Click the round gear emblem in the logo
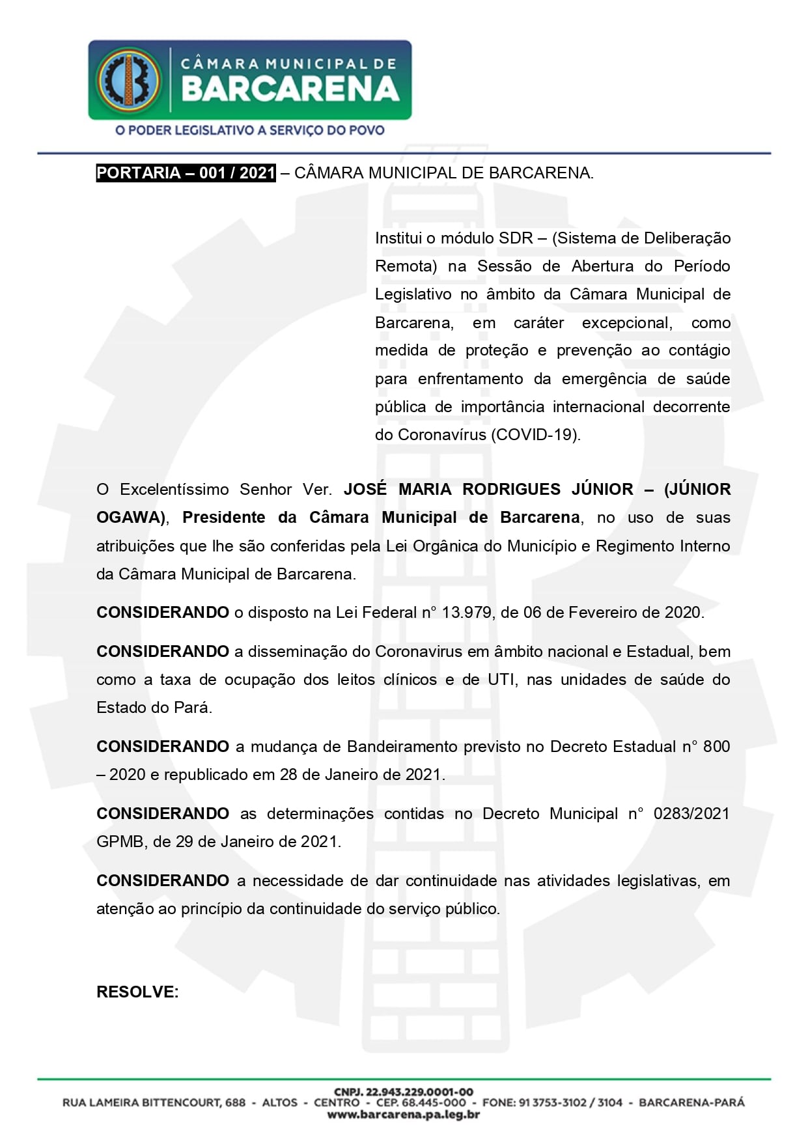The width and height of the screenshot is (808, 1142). tap(128, 79)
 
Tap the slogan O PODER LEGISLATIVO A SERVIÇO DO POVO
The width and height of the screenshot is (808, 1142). tap(249, 130)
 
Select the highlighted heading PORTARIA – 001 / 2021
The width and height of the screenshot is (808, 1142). tap(186, 173)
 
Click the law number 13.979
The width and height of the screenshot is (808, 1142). tap(466, 613)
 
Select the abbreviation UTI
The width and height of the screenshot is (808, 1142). tap(502, 680)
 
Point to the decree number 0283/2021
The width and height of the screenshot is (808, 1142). tap(691, 814)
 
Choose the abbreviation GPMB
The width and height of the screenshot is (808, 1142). tap(120, 842)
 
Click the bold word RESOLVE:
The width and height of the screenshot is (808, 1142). tap(137, 992)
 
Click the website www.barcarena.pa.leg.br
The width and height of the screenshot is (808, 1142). tap(404, 1115)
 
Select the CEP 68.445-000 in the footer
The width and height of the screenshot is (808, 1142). tap(421, 1103)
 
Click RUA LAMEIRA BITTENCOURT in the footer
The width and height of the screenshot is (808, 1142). tap(154, 1103)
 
